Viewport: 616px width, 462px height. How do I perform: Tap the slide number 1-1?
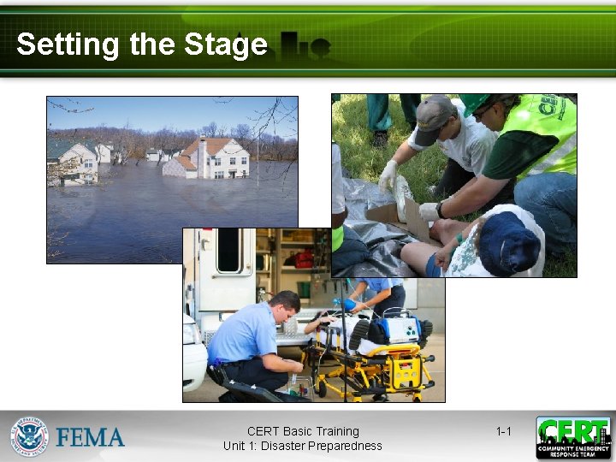click(x=503, y=431)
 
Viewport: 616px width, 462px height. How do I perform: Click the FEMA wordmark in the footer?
click(x=91, y=437)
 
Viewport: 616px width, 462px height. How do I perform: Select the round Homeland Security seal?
click(x=30, y=436)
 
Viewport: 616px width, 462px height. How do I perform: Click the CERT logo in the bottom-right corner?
click(x=573, y=437)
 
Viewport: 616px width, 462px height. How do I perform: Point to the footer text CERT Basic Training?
click(x=303, y=431)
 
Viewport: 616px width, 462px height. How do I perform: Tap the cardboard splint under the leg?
click(x=402, y=218)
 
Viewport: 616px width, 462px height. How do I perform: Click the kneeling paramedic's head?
click(x=284, y=305)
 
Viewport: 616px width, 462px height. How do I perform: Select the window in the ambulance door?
click(x=228, y=250)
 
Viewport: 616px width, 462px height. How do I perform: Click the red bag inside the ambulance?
click(x=302, y=258)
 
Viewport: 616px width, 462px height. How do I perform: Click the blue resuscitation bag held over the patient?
click(x=350, y=303)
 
